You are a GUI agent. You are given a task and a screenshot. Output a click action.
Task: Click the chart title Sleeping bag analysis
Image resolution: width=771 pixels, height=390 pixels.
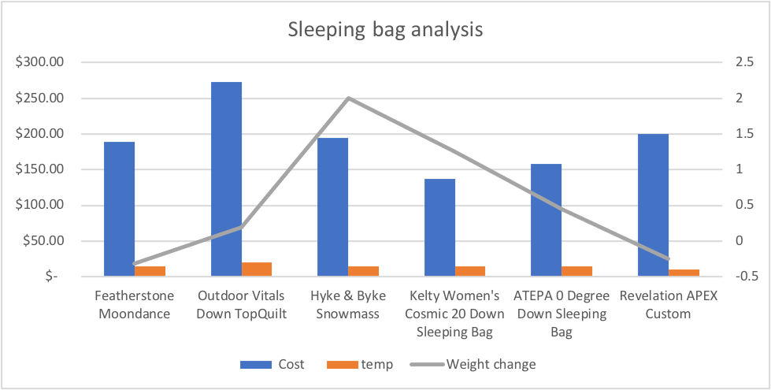click(385, 30)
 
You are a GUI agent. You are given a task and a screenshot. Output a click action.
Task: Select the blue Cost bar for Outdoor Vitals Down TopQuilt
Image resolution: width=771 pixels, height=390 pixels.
click(226, 179)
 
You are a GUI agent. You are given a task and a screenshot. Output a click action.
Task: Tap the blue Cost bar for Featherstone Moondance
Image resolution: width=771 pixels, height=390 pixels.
click(120, 209)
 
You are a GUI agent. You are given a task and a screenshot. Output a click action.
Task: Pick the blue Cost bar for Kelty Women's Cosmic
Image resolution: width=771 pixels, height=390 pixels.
click(439, 228)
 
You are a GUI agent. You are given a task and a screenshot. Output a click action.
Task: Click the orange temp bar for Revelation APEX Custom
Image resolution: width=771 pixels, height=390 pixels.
click(684, 273)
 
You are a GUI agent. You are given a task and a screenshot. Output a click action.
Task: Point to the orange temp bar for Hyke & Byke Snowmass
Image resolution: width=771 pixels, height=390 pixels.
click(363, 271)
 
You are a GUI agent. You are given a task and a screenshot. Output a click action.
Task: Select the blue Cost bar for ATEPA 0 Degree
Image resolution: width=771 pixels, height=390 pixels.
click(547, 220)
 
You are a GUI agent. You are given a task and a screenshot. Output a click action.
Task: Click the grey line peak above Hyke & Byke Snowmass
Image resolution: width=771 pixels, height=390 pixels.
click(348, 98)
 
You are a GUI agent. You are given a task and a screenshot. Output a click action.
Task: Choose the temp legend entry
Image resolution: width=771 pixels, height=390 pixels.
click(365, 364)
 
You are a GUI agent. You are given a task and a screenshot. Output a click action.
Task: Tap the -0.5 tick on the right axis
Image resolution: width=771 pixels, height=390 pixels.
click(744, 277)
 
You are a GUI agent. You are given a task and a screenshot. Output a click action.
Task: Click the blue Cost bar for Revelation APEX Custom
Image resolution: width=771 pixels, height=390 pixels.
click(653, 205)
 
